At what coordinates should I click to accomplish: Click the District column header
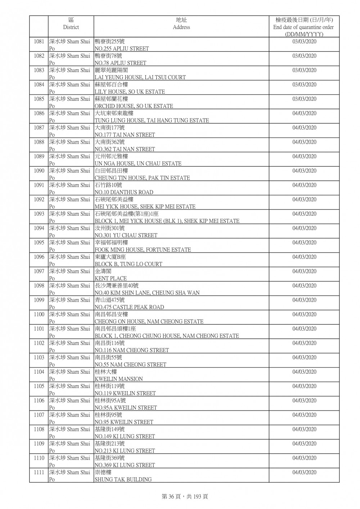(71, 24)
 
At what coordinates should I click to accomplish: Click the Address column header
(181, 24)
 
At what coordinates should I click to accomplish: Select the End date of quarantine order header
(303, 27)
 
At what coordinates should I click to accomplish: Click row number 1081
(39, 42)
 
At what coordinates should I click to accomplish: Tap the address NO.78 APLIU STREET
(120, 63)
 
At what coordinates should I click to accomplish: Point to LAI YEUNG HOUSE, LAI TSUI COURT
(140, 77)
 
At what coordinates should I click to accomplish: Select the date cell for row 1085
(304, 99)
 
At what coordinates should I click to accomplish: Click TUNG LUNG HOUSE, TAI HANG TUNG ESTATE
(152, 121)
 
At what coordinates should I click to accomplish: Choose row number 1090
(39, 171)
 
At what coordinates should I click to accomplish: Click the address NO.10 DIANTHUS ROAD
(124, 192)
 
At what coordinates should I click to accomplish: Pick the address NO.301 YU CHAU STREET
(126, 235)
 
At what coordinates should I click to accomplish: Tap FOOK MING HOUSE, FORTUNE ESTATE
(143, 250)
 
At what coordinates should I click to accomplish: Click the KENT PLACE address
(111, 279)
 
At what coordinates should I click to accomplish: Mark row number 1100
(39, 315)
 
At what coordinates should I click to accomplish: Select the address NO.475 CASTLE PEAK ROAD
(129, 307)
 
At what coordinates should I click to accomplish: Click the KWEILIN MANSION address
(118, 379)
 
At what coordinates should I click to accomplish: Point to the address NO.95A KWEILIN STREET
(126, 408)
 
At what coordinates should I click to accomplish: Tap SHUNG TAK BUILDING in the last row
(123, 479)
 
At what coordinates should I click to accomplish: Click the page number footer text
(185, 497)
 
